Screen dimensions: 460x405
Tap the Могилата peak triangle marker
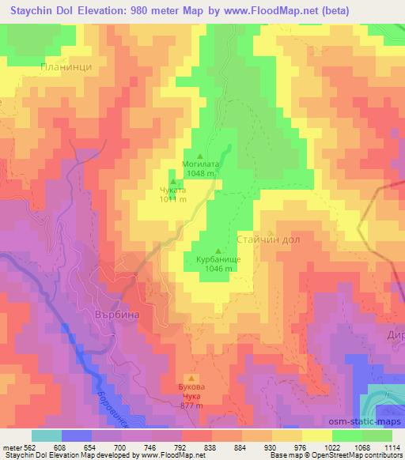pyautogui.click(x=199, y=156)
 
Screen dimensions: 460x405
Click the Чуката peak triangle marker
pyautogui.click(x=172, y=182)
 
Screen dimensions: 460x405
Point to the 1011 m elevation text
pyautogui.click(x=173, y=199)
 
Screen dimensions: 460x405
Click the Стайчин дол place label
pyautogui.click(x=267, y=237)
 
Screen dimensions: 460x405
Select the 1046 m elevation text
pyautogui.click(x=218, y=268)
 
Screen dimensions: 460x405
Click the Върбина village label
pyautogui.click(x=106, y=314)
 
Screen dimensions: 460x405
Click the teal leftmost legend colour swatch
pyautogui.click(x=47, y=435)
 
